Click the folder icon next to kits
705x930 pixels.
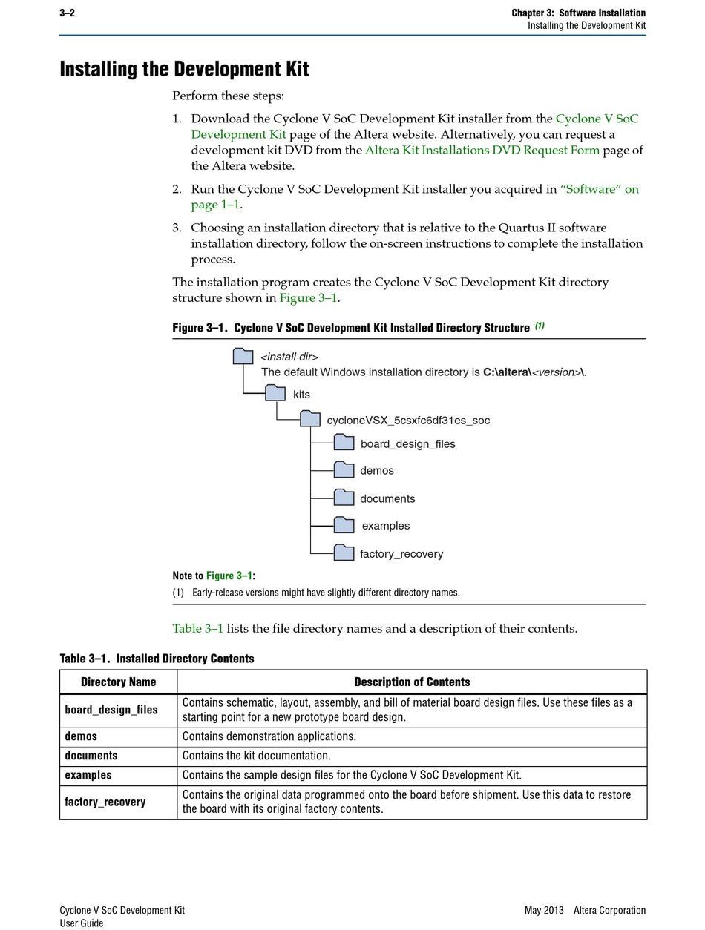pos(275,393)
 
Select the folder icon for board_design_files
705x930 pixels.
pos(344,443)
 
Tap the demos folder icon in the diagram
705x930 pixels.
pos(344,469)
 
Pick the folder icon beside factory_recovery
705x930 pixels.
pos(344,553)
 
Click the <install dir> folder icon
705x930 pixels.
pos(243,356)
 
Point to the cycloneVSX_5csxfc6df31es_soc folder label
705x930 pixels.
pos(408,421)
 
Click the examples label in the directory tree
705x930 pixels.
pos(386,526)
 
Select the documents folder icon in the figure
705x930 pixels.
pos(344,498)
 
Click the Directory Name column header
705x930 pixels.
pos(119,682)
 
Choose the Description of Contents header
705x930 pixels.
pos(412,682)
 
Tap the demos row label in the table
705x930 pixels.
pos(81,736)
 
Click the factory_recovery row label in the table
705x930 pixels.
pos(105,802)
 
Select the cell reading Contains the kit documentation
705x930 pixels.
pos(257,756)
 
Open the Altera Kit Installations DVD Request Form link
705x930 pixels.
pos(482,150)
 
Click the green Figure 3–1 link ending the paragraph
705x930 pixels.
pos(308,298)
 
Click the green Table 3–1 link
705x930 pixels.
pos(197,629)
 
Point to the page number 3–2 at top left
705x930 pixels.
pos(67,13)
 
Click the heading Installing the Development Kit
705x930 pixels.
pos(184,69)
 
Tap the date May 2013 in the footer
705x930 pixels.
pos(544,910)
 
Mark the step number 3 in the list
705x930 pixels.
pos(177,228)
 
